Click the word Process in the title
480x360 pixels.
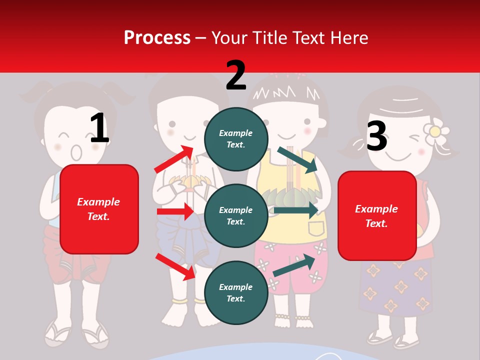tap(157, 37)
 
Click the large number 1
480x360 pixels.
tap(99, 128)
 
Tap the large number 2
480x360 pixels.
tap(236, 75)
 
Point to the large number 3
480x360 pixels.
tap(376, 136)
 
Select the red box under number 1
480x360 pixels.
tap(99, 209)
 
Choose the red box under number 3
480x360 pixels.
tap(377, 216)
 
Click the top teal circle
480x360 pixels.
tap(236, 139)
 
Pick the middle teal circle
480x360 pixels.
tap(236, 215)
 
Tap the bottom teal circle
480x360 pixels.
tap(236, 292)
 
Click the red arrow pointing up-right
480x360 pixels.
tap(174, 159)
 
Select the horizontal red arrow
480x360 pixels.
tap(175, 211)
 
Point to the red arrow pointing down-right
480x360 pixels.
tap(175, 266)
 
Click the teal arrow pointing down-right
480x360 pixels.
tap(297, 160)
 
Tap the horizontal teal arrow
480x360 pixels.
tap(295, 210)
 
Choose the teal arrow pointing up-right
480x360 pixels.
tap(294, 265)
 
